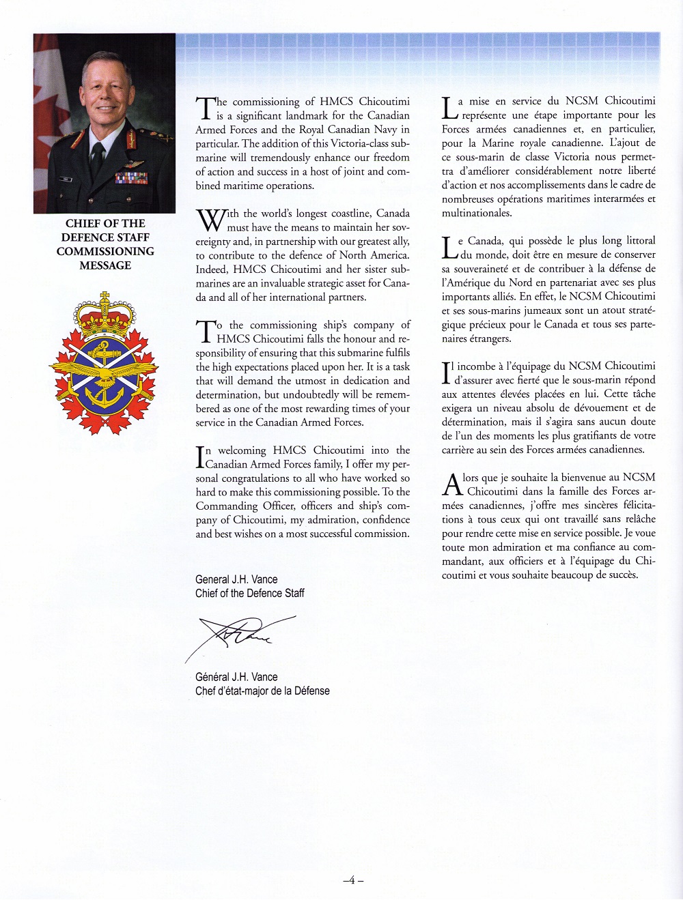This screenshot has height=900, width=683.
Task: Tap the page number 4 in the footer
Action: point(352,880)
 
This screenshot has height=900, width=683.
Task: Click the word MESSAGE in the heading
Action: point(105,265)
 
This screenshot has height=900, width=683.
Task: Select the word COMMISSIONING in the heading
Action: point(105,251)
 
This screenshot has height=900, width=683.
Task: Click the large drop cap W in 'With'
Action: point(210,220)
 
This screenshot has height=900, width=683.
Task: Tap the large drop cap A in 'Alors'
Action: point(452,484)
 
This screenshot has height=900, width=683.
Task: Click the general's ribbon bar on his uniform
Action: point(131,179)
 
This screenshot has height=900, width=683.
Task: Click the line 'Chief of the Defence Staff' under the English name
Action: point(250,594)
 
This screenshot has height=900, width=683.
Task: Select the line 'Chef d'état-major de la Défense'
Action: point(262,691)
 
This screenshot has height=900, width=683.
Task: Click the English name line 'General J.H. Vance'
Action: point(236,579)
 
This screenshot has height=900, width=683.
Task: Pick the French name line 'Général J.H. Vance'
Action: point(236,677)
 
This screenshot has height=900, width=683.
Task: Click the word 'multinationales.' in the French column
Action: point(477,213)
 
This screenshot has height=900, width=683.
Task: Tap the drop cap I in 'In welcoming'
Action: point(199,456)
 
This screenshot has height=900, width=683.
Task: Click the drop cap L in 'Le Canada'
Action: point(449,248)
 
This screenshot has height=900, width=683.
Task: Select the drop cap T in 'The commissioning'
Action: point(205,108)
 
